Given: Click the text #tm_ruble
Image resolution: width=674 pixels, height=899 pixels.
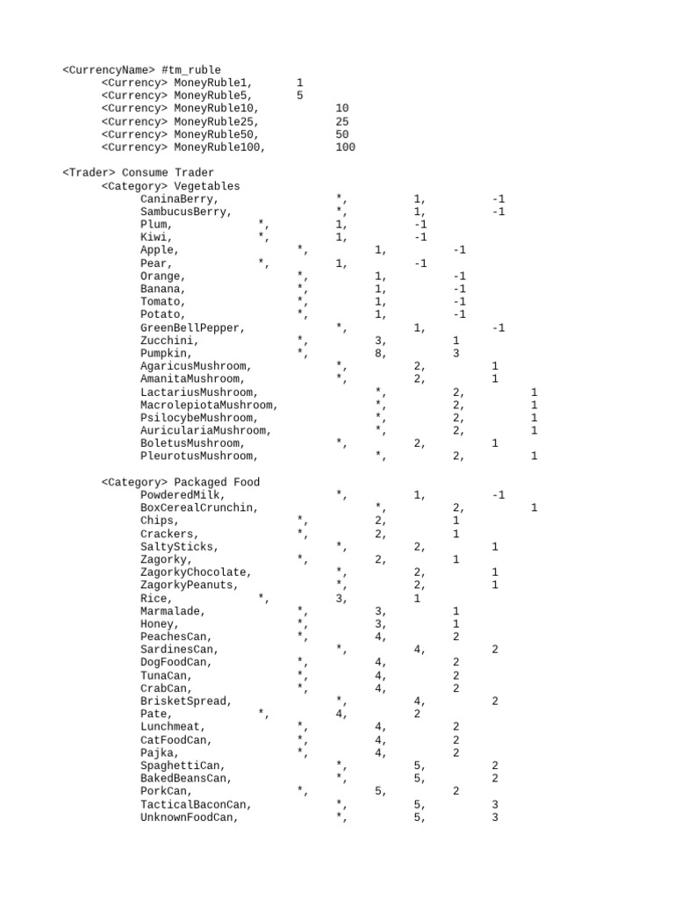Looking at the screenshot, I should coord(191,70).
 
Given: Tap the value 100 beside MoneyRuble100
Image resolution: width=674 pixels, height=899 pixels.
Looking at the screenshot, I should coord(345,147).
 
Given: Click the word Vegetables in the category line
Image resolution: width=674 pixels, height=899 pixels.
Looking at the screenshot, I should coord(206,186).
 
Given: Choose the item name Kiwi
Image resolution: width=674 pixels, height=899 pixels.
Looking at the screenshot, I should coord(156,237).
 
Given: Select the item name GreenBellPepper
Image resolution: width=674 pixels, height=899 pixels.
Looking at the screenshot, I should coord(190,327).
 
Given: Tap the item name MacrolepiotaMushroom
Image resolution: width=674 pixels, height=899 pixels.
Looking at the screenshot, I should coord(207,405).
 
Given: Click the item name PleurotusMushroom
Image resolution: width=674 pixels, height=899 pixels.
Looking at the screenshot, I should coord(197,456).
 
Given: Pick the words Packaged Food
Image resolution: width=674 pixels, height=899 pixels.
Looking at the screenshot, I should coord(217,482).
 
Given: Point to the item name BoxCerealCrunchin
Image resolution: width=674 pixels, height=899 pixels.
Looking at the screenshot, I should coord(197,507).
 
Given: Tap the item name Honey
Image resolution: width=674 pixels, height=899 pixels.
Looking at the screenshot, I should coord(159,623).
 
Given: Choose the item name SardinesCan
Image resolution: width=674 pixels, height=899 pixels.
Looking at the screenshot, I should coord(178,650).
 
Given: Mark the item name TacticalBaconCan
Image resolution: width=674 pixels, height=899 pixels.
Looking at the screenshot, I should coord(194,804).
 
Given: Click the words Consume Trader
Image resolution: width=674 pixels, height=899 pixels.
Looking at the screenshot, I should coord(167,173).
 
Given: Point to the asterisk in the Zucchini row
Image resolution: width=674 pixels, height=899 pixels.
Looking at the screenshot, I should coord(301,340).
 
